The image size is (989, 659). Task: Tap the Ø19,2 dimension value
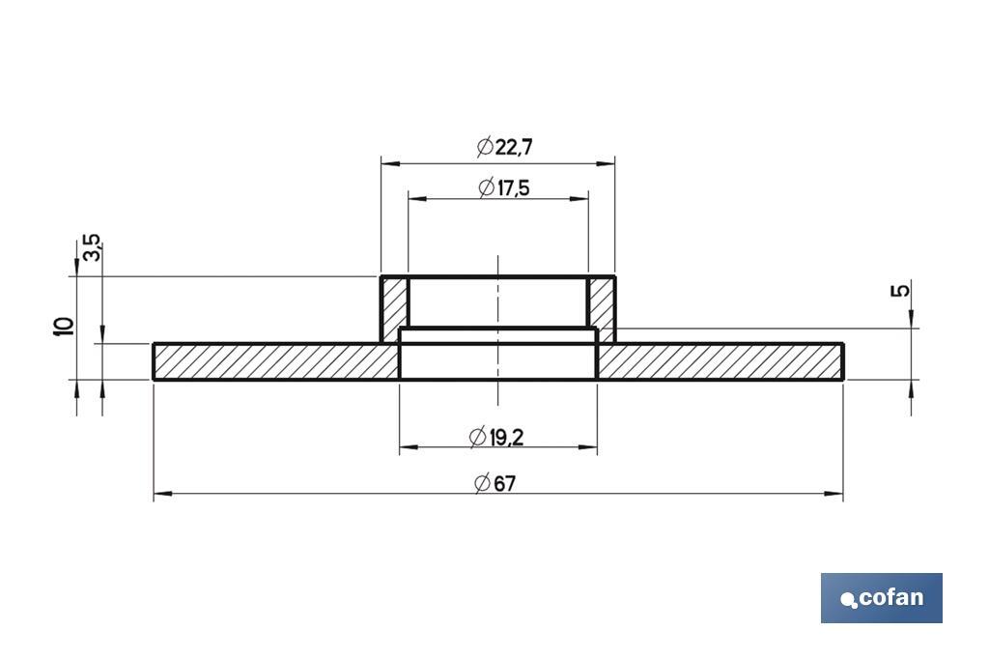click(x=495, y=438)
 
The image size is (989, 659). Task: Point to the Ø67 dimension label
click(x=495, y=484)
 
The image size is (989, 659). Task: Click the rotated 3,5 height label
click(x=92, y=247)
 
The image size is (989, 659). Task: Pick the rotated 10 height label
click(x=65, y=326)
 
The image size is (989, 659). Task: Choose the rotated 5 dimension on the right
click(x=902, y=290)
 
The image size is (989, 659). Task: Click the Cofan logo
click(x=881, y=598)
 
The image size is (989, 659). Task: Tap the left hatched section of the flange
click(x=276, y=361)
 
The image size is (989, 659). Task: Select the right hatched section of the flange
click(x=720, y=361)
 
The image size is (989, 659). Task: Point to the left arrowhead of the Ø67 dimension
click(x=160, y=494)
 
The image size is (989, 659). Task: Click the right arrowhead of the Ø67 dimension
click(x=836, y=494)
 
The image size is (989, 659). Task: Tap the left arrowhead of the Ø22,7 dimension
click(x=387, y=163)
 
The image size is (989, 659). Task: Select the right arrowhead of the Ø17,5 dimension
click(x=581, y=199)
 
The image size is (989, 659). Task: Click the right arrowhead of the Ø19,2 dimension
click(x=589, y=447)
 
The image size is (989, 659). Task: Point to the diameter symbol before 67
click(x=482, y=484)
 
